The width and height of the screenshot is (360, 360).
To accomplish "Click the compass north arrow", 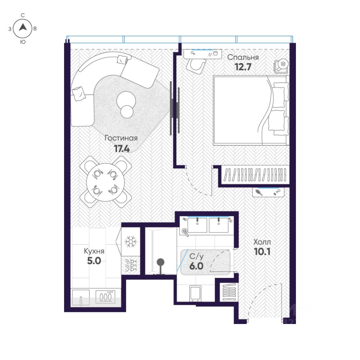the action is click(x=23, y=27).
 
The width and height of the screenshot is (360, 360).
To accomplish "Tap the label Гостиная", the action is click(x=121, y=138).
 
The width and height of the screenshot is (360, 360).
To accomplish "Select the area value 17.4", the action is click(x=122, y=149).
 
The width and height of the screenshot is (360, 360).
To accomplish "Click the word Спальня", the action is click(x=243, y=57).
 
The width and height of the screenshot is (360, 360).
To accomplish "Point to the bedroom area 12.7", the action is click(x=243, y=67).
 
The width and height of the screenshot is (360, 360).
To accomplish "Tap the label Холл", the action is click(x=262, y=242).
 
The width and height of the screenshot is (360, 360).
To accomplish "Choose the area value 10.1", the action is click(x=262, y=252).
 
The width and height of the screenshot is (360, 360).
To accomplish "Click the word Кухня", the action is click(x=94, y=251).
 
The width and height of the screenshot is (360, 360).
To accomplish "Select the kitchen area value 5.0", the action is click(x=94, y=261).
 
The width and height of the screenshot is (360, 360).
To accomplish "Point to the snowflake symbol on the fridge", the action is click(x=130, y=241).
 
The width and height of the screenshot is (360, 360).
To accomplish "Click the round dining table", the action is click(x=106, y=182).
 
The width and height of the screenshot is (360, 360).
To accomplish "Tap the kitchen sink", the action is click(x=81, y=297).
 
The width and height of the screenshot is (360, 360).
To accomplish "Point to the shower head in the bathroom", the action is click(x=160, y=262).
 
